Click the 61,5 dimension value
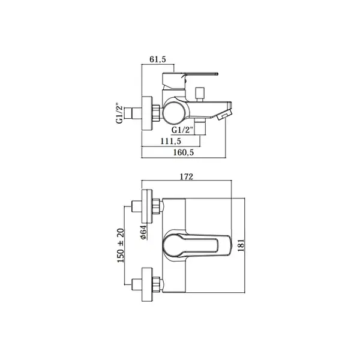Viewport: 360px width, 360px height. click(x=157, y=59)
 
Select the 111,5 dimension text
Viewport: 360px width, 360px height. click(x=170, y=141)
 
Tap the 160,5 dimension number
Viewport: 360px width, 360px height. click(x=184, y=152)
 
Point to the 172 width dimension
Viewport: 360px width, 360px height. click(x=187, y=177)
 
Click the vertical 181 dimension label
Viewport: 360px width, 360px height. click(x=241, y=245)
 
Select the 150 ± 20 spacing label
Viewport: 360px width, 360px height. click(x=121, y=245)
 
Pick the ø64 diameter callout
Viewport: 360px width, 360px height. click(x=143, y=232)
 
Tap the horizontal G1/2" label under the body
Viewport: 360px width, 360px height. click(x=182, y=130)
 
